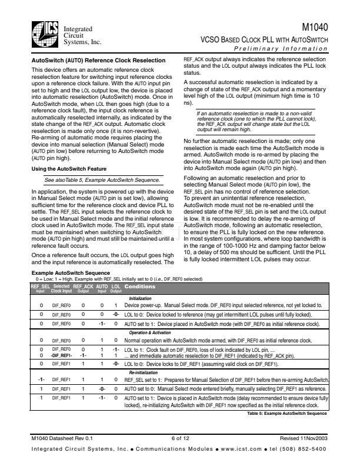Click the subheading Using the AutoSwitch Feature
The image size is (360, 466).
tap(69, 169)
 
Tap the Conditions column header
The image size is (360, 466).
tap(140, 287)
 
